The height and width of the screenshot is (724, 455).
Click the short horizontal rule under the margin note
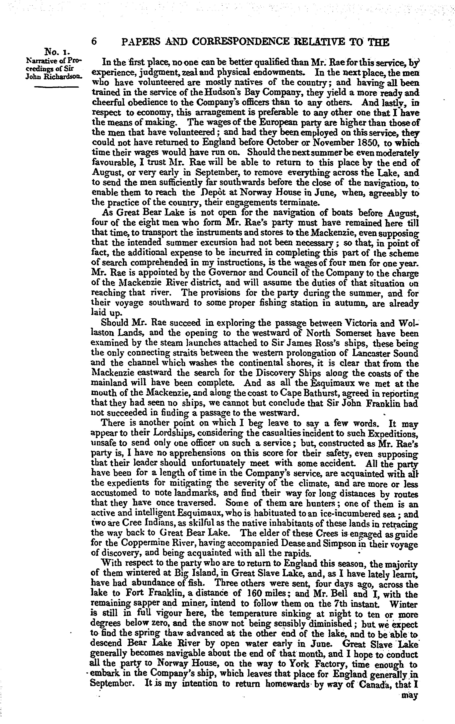point(56,87)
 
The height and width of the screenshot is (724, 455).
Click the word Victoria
point(354,324)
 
